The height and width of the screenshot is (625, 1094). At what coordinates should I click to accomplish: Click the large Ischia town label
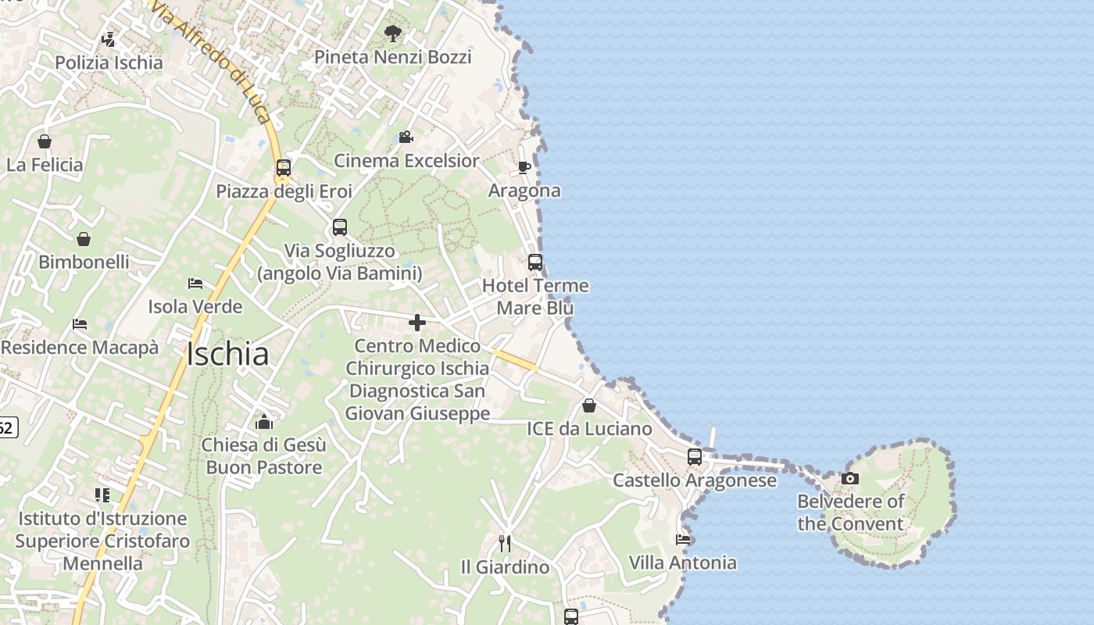tap(227, 355)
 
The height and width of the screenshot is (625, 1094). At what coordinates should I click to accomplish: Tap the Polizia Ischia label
tap(109, 62)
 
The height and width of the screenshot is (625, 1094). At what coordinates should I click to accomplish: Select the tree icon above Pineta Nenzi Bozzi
tap(393, 34)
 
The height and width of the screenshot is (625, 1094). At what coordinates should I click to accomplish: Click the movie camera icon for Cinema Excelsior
tap(406, 137)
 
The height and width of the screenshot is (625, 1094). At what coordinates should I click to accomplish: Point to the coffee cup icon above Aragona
tap(524, 167)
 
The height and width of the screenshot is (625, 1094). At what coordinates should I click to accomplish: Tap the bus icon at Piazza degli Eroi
tap(284, 168)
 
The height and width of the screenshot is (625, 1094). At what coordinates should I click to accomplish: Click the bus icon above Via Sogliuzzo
tap(340, 227)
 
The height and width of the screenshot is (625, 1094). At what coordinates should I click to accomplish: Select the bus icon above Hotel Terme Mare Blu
tap(535, 262)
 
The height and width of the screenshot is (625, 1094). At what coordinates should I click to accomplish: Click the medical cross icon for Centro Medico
tap(417, 322)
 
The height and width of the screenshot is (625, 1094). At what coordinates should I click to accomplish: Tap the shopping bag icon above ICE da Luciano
tap(589, 405)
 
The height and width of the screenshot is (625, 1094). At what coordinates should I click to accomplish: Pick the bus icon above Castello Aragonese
tap(695, 457)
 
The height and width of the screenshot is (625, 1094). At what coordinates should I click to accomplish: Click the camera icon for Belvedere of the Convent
tap(850, 478)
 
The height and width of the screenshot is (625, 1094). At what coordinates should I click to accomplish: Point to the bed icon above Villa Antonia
tap(683, 539)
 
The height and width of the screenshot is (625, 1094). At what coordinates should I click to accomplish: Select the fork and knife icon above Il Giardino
tap(506, 543)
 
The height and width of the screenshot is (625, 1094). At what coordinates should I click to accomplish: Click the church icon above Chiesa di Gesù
tap(264, 422)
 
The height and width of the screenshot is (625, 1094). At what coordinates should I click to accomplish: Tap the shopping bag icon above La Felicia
tap(45, 141)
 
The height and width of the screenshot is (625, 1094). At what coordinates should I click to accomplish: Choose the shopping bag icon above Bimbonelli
tap(84, 239)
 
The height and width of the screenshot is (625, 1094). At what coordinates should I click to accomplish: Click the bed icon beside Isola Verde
tap(195, 283)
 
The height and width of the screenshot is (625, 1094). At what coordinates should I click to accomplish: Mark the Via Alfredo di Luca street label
tap(210, 62)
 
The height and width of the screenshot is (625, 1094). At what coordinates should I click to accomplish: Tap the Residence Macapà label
tap(80, 348)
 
